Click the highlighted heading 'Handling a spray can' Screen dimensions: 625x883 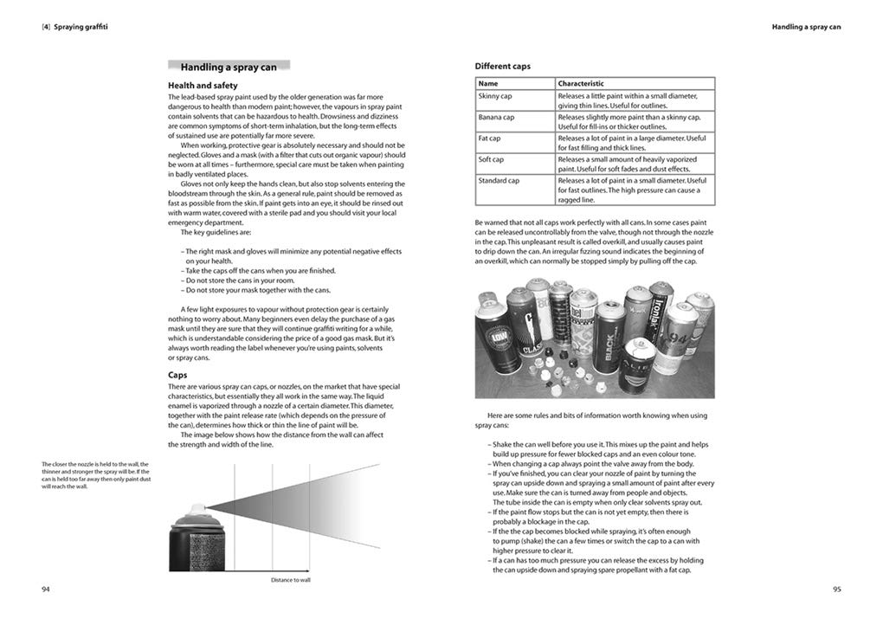[x=229, y=67]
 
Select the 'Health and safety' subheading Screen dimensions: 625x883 [x=203, y=86]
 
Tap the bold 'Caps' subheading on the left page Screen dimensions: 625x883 [x=177, y=375]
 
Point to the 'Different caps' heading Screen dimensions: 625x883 [x=503, y=66]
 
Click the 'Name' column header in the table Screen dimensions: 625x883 [x=488, y=84]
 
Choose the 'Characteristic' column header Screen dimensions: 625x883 [x=581, y=84]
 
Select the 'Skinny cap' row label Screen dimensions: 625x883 [x=495, y=96]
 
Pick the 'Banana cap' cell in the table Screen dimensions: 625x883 [x=496, y=117]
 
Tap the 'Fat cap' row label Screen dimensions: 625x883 [x=490, y=138]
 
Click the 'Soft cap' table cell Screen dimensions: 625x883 [x=491, y=159]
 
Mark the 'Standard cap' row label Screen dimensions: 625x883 [x=499, y=180]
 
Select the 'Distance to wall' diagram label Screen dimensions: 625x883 [x=290, y=579]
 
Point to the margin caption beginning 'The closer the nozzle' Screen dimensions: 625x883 [x=95, y=475]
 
